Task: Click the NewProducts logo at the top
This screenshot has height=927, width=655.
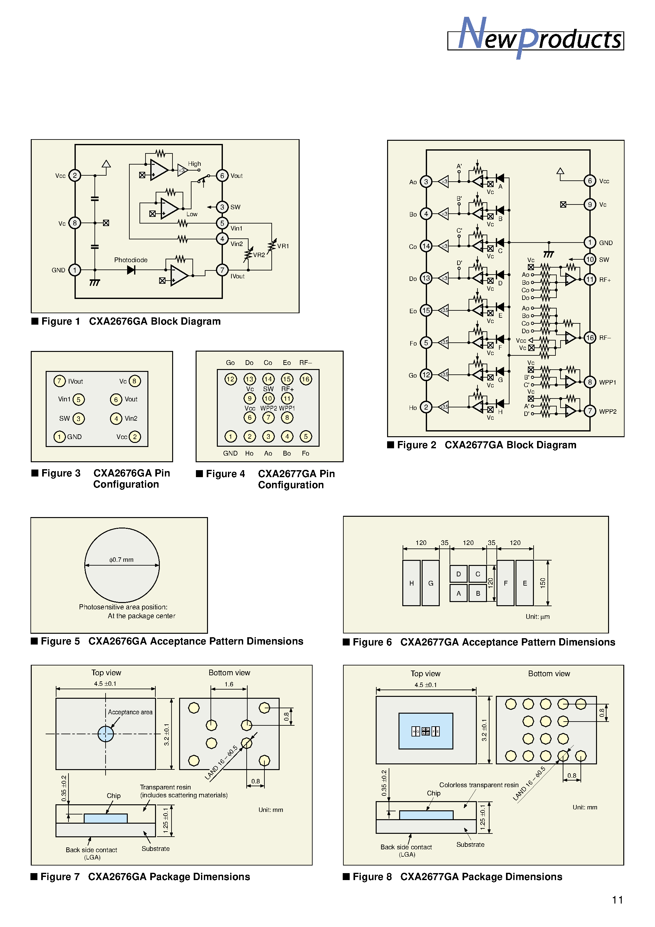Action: [x=535, y=38]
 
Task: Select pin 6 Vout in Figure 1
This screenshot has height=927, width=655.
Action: [x=222, y=176]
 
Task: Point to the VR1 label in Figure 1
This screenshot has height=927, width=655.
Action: [x=283, y=246]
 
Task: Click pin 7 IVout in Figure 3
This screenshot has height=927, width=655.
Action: [x=59, y=381]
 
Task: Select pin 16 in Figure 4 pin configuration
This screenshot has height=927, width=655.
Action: [x=306, y=379]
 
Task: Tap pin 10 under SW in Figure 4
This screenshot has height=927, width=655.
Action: [x=268, y=399]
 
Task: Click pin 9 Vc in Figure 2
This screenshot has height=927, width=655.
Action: [x=590, y=205]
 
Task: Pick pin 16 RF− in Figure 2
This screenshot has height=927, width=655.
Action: [x=590, y=338]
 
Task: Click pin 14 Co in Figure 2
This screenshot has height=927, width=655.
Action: [x=426, y=246]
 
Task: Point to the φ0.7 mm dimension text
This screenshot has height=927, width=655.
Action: [x=121, y=560]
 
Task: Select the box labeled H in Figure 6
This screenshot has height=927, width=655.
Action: [x=411, y=583]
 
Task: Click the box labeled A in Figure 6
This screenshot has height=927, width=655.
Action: [x=458, y=593]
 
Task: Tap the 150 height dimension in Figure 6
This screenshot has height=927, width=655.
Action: [x=543, y=583]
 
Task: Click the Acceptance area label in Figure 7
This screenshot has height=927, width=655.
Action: [x=130, y=712]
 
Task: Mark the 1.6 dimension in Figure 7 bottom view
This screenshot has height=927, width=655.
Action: [x=229, y=684]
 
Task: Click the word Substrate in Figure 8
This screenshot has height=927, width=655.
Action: [x=470, y=845]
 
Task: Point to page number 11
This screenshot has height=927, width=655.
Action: [x=617, y=900]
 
